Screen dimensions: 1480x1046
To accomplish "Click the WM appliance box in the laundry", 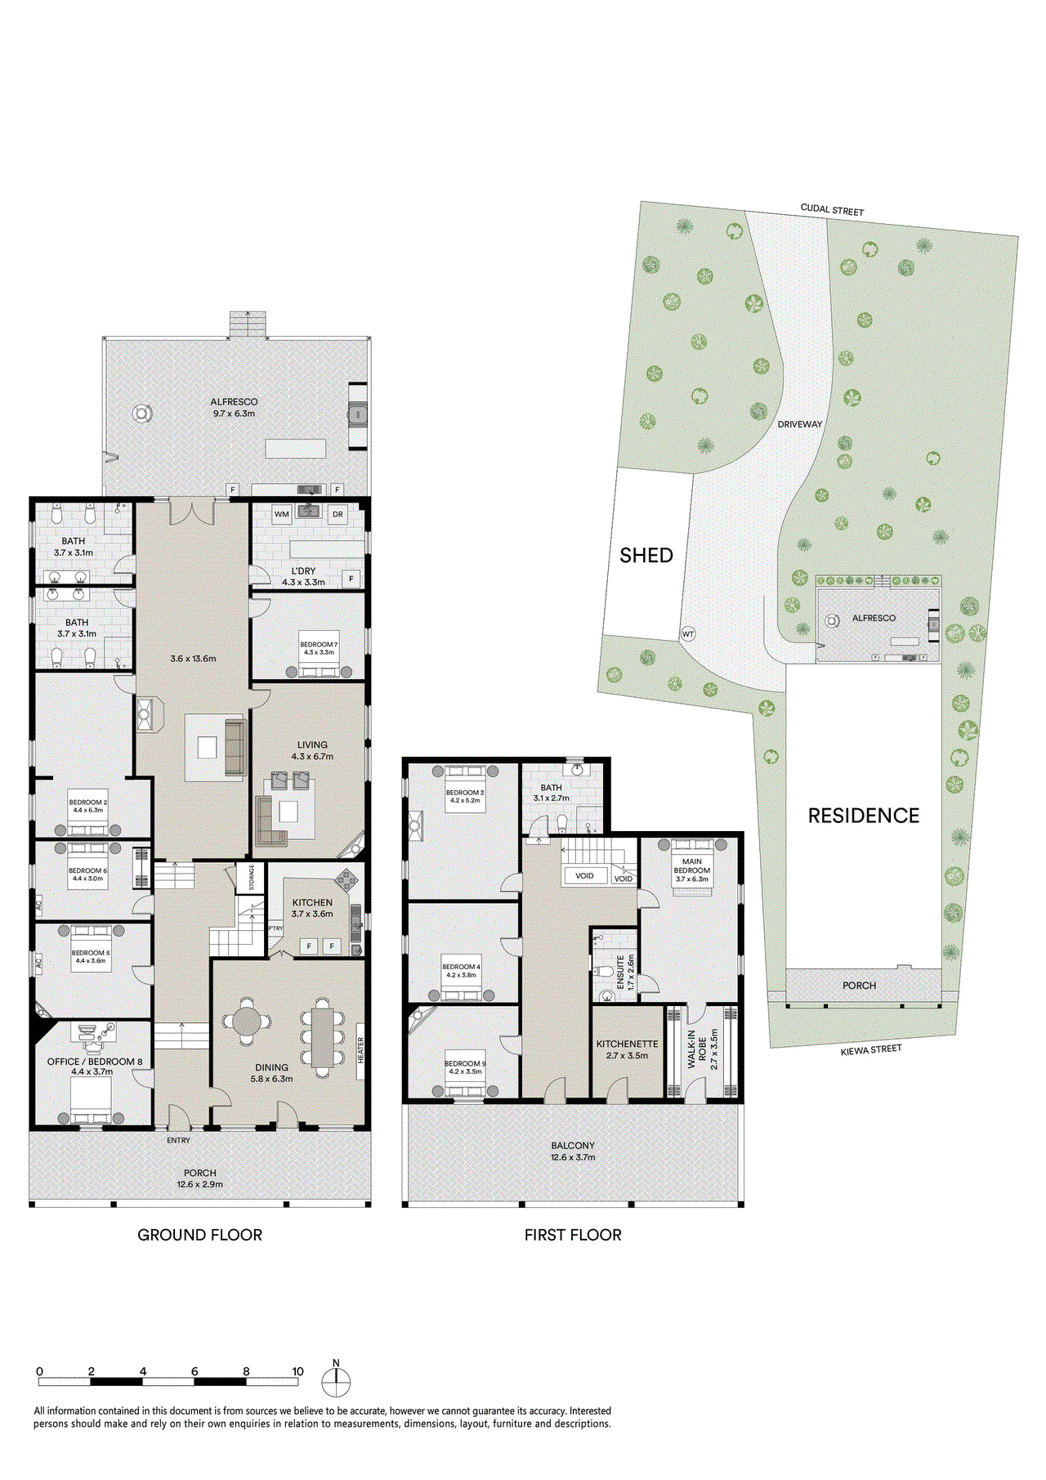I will (x=281, y=514).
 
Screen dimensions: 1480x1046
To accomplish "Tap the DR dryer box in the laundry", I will (x=337, y=514).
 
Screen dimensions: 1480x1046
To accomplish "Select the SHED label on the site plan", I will (x=646, y=556).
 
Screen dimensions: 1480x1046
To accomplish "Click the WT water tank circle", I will (x=688, y=634).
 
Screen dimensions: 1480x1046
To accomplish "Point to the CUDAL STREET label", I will (x=832, y=210).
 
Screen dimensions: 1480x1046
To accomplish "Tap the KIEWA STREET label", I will (x=871, y=1049).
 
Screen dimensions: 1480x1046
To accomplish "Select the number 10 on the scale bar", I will (x=297, y=1371).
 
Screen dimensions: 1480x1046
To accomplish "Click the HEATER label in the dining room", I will (x=360, y=1050).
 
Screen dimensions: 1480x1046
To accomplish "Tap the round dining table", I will (x=247, y=1021).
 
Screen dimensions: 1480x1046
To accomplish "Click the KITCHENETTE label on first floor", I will (x=627, y=1044).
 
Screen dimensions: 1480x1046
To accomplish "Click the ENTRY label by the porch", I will (x=178, y=1140).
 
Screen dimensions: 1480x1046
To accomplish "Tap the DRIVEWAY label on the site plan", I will (x=799, y=424).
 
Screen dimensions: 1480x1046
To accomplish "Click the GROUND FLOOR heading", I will (x=199, y=1235).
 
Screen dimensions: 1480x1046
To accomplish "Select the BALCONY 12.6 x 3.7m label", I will (x=573, y=1151).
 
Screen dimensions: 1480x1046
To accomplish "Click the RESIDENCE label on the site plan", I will (x=863, y=816).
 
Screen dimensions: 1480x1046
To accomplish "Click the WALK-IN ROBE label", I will (x=697, y=1049).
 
